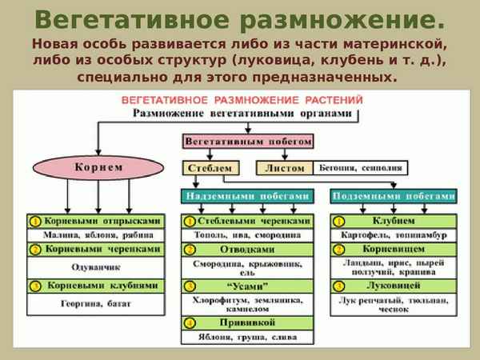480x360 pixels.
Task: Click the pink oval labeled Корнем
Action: click(98, 168)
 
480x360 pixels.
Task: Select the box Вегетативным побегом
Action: click(248, 140)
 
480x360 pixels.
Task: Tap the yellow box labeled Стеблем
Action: click(211, 169)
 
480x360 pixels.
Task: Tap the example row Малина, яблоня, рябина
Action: click(94, 235)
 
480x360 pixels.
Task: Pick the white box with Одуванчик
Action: click(94, 266)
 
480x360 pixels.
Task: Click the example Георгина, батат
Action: click(94, 304)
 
